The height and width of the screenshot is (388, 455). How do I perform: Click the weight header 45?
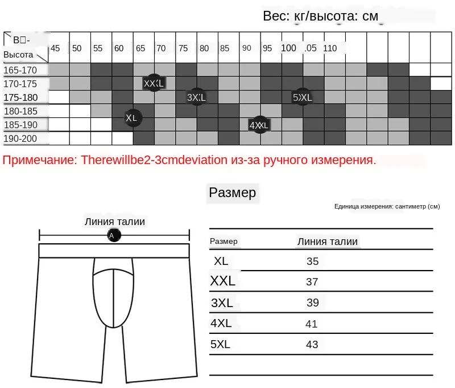tap(55, 48)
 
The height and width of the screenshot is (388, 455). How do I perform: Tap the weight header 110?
tap(330, 48)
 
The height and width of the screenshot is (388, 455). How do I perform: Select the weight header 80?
tap(204, 48)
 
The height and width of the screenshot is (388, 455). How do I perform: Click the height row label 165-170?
tap(20, 70)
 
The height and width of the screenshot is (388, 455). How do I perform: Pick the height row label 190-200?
tap(20, 138)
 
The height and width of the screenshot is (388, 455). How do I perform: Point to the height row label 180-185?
tap(20, 111)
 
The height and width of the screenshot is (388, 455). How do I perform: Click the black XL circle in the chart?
tap(132, 119)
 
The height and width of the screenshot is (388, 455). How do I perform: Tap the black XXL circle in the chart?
tap(154, 83)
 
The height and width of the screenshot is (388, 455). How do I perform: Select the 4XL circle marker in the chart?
tap(259, 125)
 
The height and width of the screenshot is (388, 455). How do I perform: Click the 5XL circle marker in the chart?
tap(302, 97)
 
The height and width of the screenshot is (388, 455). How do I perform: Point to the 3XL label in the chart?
tap(196, 97)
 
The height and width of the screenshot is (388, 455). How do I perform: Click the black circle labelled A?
tap(112, 235)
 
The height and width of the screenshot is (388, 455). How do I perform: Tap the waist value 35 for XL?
tap(312, 262)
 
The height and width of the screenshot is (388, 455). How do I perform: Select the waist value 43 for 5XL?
tap(312, 345)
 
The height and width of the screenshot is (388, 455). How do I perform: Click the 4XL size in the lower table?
tap(221, 323)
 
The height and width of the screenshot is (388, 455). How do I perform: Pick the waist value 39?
tap(312, 303)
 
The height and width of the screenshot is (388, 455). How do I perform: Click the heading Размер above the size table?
tap(233, 193)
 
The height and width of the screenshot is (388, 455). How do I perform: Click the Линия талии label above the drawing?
tap(114, 222)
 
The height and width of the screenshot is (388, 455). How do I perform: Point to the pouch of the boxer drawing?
tap(114, 293)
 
